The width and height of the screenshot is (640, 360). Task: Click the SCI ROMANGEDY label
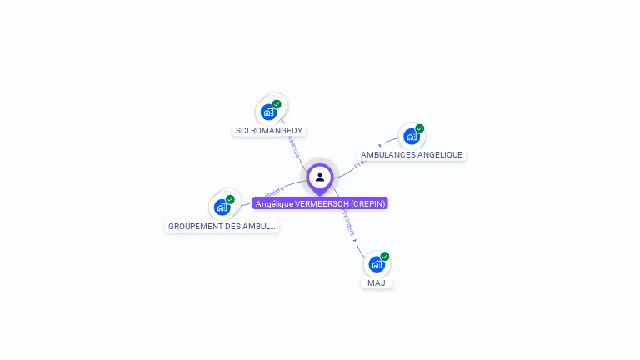(269, 131)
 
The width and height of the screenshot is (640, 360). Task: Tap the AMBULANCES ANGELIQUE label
(411, 155)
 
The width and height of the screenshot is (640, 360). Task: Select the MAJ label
(377, 283)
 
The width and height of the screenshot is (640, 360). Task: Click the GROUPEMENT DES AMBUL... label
(222, 227)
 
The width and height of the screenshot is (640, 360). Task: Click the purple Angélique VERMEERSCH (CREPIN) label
(320, 203)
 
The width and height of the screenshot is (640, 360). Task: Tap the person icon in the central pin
(320, 177)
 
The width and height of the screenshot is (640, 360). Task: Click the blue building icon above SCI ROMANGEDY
(268, 112)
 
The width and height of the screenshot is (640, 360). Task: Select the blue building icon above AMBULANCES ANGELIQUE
(411, 136)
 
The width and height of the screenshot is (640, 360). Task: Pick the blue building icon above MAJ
(377, 264)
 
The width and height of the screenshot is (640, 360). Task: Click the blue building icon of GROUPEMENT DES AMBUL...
(222, 207)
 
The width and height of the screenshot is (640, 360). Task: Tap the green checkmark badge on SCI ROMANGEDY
(277, 104)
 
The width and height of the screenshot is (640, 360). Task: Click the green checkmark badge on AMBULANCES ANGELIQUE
(419, 128)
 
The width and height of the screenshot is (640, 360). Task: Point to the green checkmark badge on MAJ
(385, 257)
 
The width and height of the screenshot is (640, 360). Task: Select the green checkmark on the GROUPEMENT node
(230, 199)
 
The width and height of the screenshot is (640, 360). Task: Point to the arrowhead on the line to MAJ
(355, 240)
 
